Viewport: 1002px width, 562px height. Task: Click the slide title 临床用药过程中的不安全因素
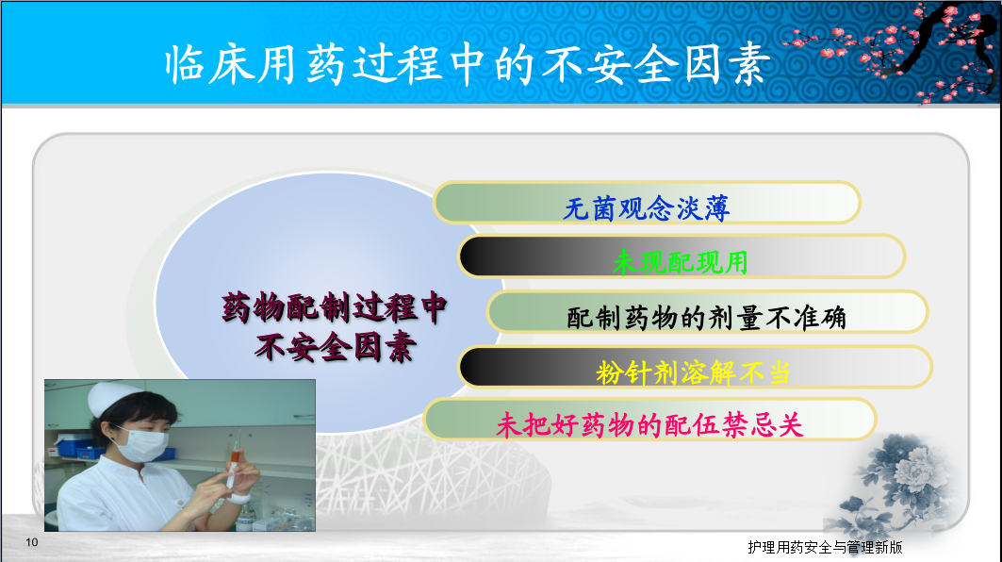[468, 64]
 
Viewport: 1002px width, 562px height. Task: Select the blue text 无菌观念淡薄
[646, 208]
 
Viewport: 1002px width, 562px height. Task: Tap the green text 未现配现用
[680, 262]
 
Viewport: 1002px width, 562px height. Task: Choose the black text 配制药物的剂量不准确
[707, 318]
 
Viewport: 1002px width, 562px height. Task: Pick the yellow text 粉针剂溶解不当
[693, 372]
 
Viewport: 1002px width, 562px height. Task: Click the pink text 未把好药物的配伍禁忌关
[649, 425]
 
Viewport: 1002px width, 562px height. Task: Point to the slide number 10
[32, 542]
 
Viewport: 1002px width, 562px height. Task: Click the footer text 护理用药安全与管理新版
[825, 547]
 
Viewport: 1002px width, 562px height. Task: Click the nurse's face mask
[142, 444]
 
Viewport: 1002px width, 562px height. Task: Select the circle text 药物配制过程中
[335, 307]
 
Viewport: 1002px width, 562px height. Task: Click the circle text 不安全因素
[335, 347]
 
